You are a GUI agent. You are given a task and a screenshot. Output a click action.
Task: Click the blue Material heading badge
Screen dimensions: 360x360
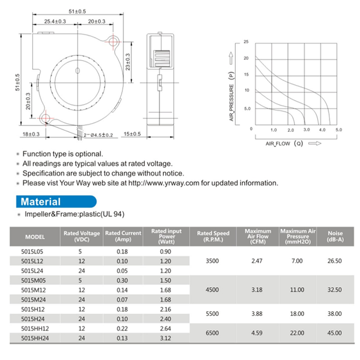(56, 202)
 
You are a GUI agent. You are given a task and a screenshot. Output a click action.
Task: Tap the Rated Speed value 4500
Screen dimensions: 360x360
(212, 290)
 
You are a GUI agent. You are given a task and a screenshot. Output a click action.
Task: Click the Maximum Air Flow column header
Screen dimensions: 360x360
(257, 236)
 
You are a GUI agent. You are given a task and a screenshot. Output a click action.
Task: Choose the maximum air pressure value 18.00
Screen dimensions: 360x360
(297, 314)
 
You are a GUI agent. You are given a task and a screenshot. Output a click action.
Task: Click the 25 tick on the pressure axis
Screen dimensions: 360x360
(246, 42)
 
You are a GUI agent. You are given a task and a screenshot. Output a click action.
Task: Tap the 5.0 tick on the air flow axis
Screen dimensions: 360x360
(338, 130)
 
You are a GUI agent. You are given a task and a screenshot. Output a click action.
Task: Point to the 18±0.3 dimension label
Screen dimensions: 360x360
(31, 134)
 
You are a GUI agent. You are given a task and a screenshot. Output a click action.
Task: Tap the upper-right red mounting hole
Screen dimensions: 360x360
(113, 41)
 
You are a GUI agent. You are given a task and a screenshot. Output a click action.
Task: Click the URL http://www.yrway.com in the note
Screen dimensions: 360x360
(164, 183)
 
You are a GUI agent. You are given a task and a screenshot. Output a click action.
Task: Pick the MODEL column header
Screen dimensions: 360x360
(35, 236)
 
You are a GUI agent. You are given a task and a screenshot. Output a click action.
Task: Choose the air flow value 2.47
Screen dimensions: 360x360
(257, 261)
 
